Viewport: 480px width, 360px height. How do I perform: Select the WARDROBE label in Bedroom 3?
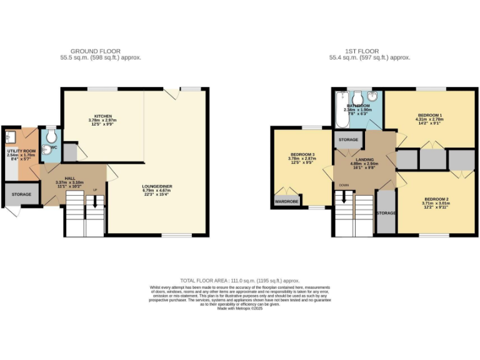287,202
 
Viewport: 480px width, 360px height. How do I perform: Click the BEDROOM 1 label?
429,116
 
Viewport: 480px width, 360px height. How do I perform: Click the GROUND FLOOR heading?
95,51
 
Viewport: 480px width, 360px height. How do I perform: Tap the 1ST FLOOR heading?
369,51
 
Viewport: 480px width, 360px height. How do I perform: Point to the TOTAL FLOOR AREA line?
239,281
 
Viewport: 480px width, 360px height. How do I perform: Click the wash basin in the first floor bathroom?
372,97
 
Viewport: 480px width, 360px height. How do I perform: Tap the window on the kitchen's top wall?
103,89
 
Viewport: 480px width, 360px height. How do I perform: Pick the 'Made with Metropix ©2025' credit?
240,307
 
